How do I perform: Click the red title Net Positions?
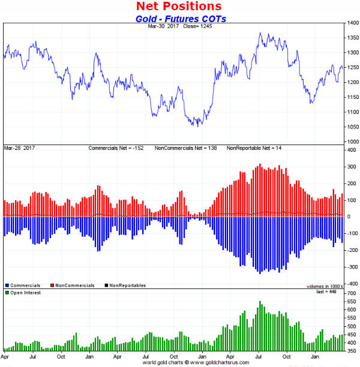tap(179, 7)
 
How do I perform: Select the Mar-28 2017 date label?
tap(19, 147)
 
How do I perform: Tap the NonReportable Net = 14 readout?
tap(253, 147)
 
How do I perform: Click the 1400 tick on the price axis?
tap(352, 23)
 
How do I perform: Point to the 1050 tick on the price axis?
tap(352, 127)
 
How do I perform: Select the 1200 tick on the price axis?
tap(352, 83)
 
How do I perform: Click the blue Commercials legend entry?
tap(25, 285)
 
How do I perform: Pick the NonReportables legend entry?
tap(126, 285)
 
